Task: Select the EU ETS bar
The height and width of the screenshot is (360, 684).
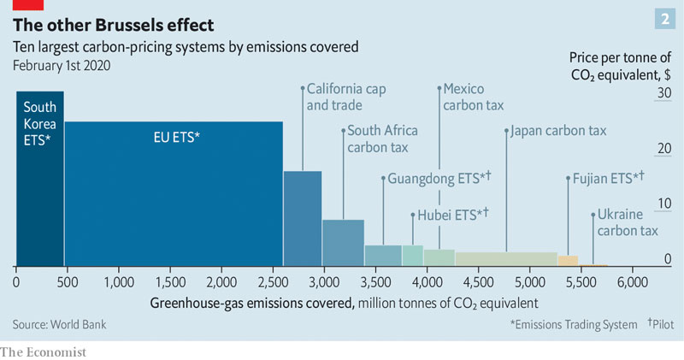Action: [174, 193]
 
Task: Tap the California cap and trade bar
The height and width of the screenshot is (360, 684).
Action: [303, 218]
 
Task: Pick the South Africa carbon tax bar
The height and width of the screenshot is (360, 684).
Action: [343, 243]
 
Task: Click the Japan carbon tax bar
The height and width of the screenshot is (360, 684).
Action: [505, 258]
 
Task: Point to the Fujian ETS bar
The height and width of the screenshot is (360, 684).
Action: [568, 261]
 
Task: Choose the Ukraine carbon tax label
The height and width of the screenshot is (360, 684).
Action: [628, 222]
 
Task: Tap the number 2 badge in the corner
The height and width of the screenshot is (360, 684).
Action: [662, 19]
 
